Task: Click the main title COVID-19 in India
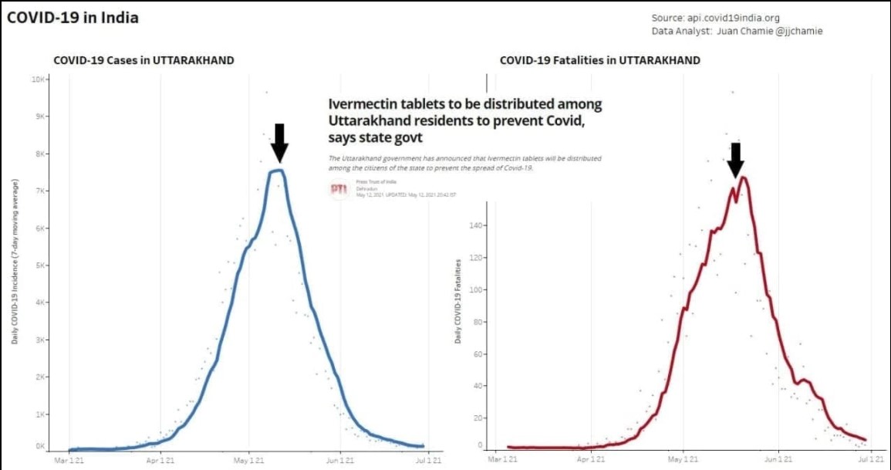click(x=73, y=17)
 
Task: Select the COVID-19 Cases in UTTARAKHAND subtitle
click(x=143, y=60)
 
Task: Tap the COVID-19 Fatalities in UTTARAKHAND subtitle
click(x=600, y=60)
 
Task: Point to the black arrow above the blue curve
click(x=279, y=143)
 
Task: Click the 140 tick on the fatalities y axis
click(x=476, y=226)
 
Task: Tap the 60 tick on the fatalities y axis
click(x=478, y=354)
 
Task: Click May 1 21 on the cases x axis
click(x=249, y=460)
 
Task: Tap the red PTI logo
click(x=339, y=189)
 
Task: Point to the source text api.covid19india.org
click(x=734, y=17)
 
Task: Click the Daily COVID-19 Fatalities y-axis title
click(x=458, y=301)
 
